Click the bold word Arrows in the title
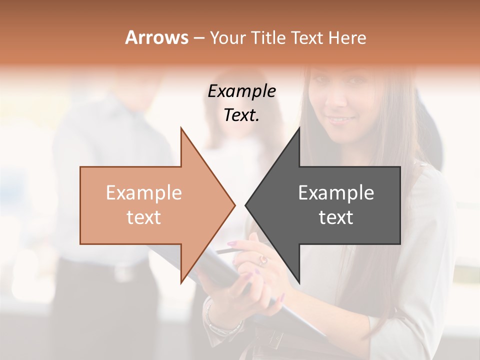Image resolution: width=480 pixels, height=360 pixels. (156, 37)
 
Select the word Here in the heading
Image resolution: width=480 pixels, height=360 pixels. (347, 37)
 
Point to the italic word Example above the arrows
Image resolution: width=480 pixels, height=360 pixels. (242, 91)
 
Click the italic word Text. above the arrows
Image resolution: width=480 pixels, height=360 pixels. (242, 115)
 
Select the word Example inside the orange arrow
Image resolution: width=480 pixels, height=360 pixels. (144, 193)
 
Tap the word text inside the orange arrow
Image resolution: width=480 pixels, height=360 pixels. (144, 217)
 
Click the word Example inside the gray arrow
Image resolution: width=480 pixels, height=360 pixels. (336, 193)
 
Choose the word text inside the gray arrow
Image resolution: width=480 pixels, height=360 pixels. (336, 217)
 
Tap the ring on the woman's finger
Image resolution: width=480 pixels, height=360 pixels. (263, 259)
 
